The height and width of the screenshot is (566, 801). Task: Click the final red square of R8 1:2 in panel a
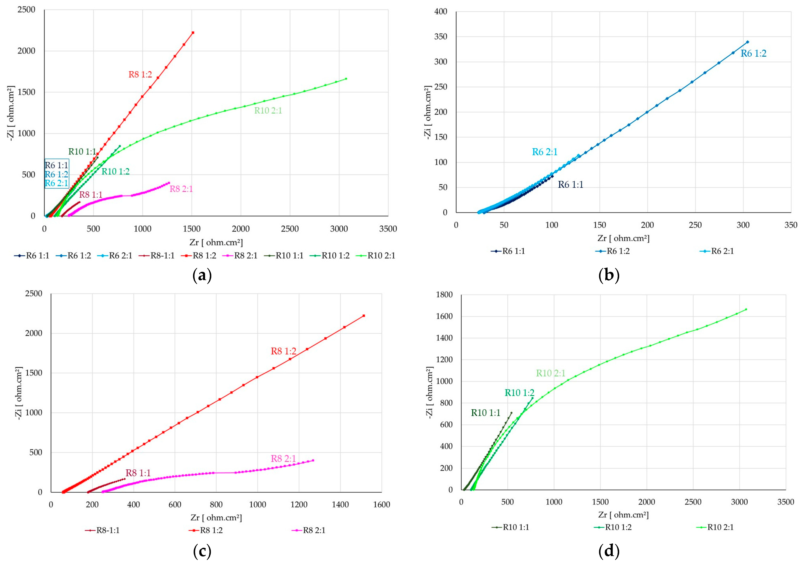pos(193,32)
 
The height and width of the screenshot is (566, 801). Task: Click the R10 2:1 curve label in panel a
pos(268,111)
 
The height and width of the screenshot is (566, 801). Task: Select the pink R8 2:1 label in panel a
pos(181,189)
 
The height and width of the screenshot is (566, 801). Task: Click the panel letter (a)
pos(202,276)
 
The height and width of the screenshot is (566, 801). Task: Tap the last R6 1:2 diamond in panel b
pos(747,42)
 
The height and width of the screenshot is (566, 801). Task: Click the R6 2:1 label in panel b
pos(545,152)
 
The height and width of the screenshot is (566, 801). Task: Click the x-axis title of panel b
pos(623,238)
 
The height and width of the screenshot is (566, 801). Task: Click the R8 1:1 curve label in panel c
pos(138,473)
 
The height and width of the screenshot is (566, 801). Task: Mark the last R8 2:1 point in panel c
pos(313,460)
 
